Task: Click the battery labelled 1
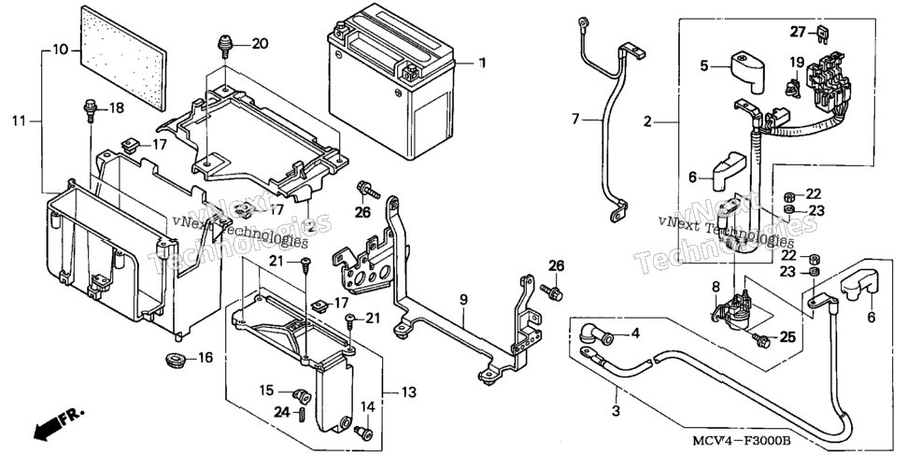(x=390, y=81)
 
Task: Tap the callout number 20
(x=260, y=44)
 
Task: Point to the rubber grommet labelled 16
(x=175, y=359)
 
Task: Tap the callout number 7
(x=575, y=121)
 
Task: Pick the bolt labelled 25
(x=762, y=340)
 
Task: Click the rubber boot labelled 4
(x=595, y=335)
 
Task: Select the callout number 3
(x=616, y=412)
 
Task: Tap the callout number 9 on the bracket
(x=463, y=299)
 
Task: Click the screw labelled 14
(x=362, y=431)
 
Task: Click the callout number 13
(x=408, y=392)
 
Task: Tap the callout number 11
(x=19, y=121)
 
